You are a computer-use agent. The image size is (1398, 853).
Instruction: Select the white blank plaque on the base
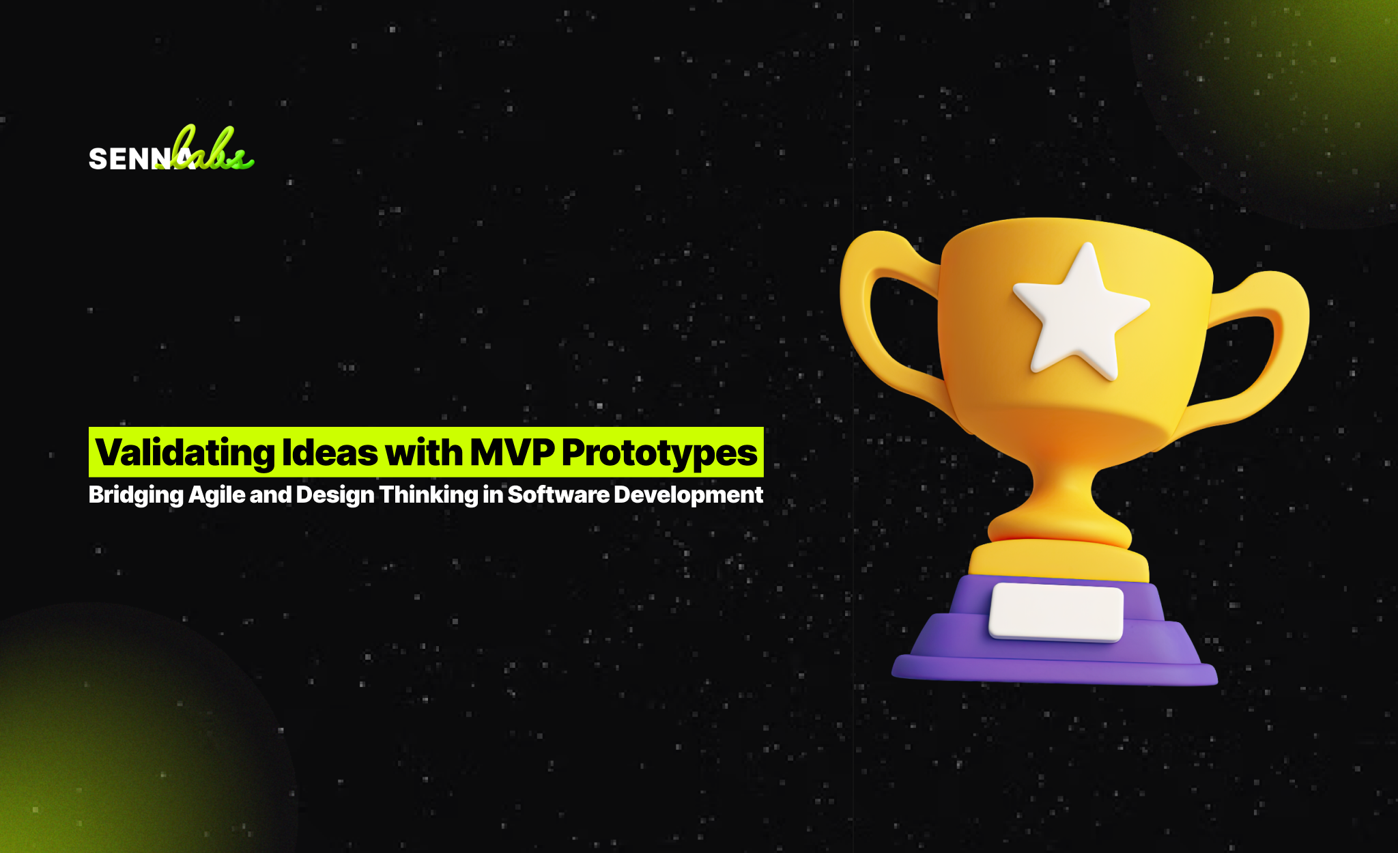(x=1056, y=612)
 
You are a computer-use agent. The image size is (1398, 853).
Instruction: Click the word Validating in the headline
(x=184, y=453)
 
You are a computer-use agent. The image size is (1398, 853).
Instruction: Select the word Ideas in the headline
(x=330, y=453)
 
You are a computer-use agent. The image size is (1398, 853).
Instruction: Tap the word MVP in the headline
(x=511, y=451)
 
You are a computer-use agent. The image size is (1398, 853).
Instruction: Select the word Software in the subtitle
(x=558, y=494)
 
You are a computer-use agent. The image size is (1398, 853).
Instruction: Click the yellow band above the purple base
(x=1058, y=560)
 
